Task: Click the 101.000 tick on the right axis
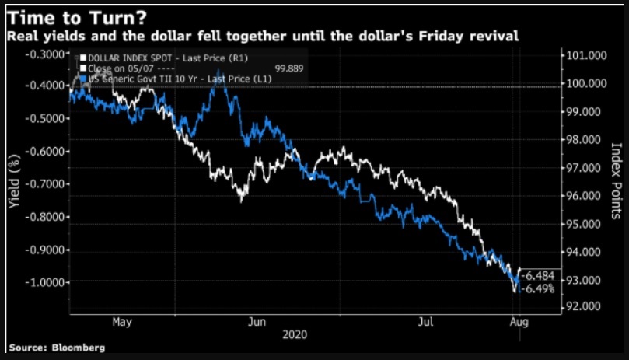coord(584,56)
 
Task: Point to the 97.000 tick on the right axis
coord(584,168)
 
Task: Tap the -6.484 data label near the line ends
coord(538,277)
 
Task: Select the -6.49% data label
coord(538,288)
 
